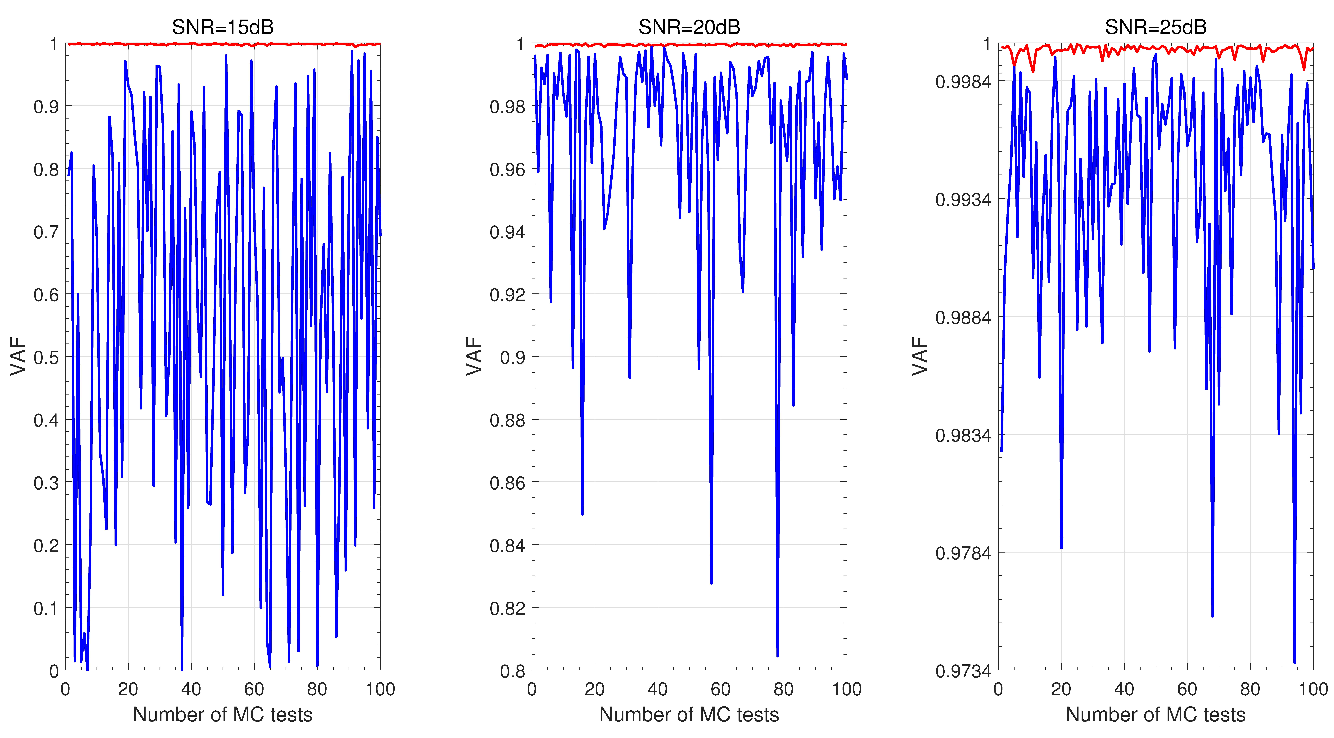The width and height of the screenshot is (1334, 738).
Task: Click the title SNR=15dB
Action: (x=223, y=27)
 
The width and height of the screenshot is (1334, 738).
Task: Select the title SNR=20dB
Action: (x=689, y=27)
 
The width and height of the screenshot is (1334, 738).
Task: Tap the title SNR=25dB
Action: (x=1156, y=27)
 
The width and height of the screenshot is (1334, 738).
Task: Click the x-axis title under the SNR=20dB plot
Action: (x=689, y=715)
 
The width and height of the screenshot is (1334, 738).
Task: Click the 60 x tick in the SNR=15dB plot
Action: (x=254, y=689)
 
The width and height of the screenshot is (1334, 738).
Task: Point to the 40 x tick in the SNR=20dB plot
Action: (x=658, y=689)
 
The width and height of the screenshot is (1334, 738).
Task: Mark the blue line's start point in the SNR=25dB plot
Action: (x=1002, y=451)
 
